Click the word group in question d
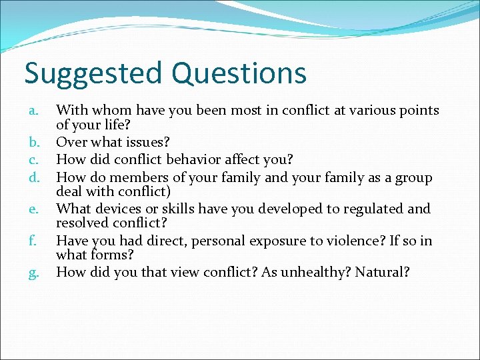tap(414, 177)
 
